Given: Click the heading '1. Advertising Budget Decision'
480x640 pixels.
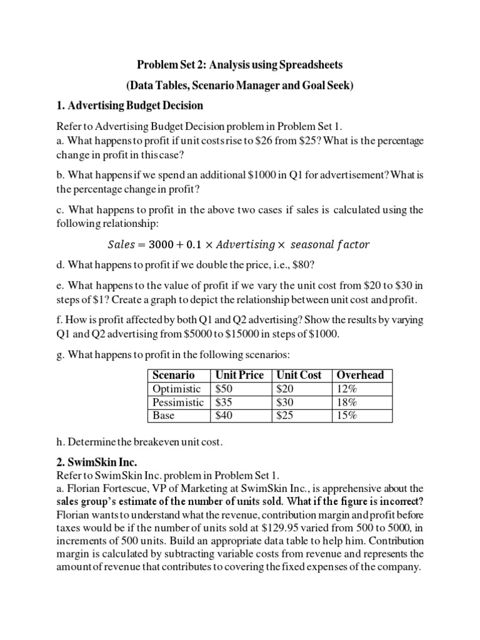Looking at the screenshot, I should pyautogui.click(x=130, y=104).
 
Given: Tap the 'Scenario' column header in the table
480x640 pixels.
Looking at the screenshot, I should pyautogui.click(x=173, y=375).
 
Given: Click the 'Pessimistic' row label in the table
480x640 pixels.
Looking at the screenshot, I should pyautogui.click(x=178, y=402).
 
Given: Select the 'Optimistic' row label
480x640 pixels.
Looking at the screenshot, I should pyautogui.click(x=176, y=389).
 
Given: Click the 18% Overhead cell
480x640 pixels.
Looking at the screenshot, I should pyautogui.click(x=347, y=402).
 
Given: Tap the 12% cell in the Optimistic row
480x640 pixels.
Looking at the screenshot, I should pyautogui.click(x=347, y=389).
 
